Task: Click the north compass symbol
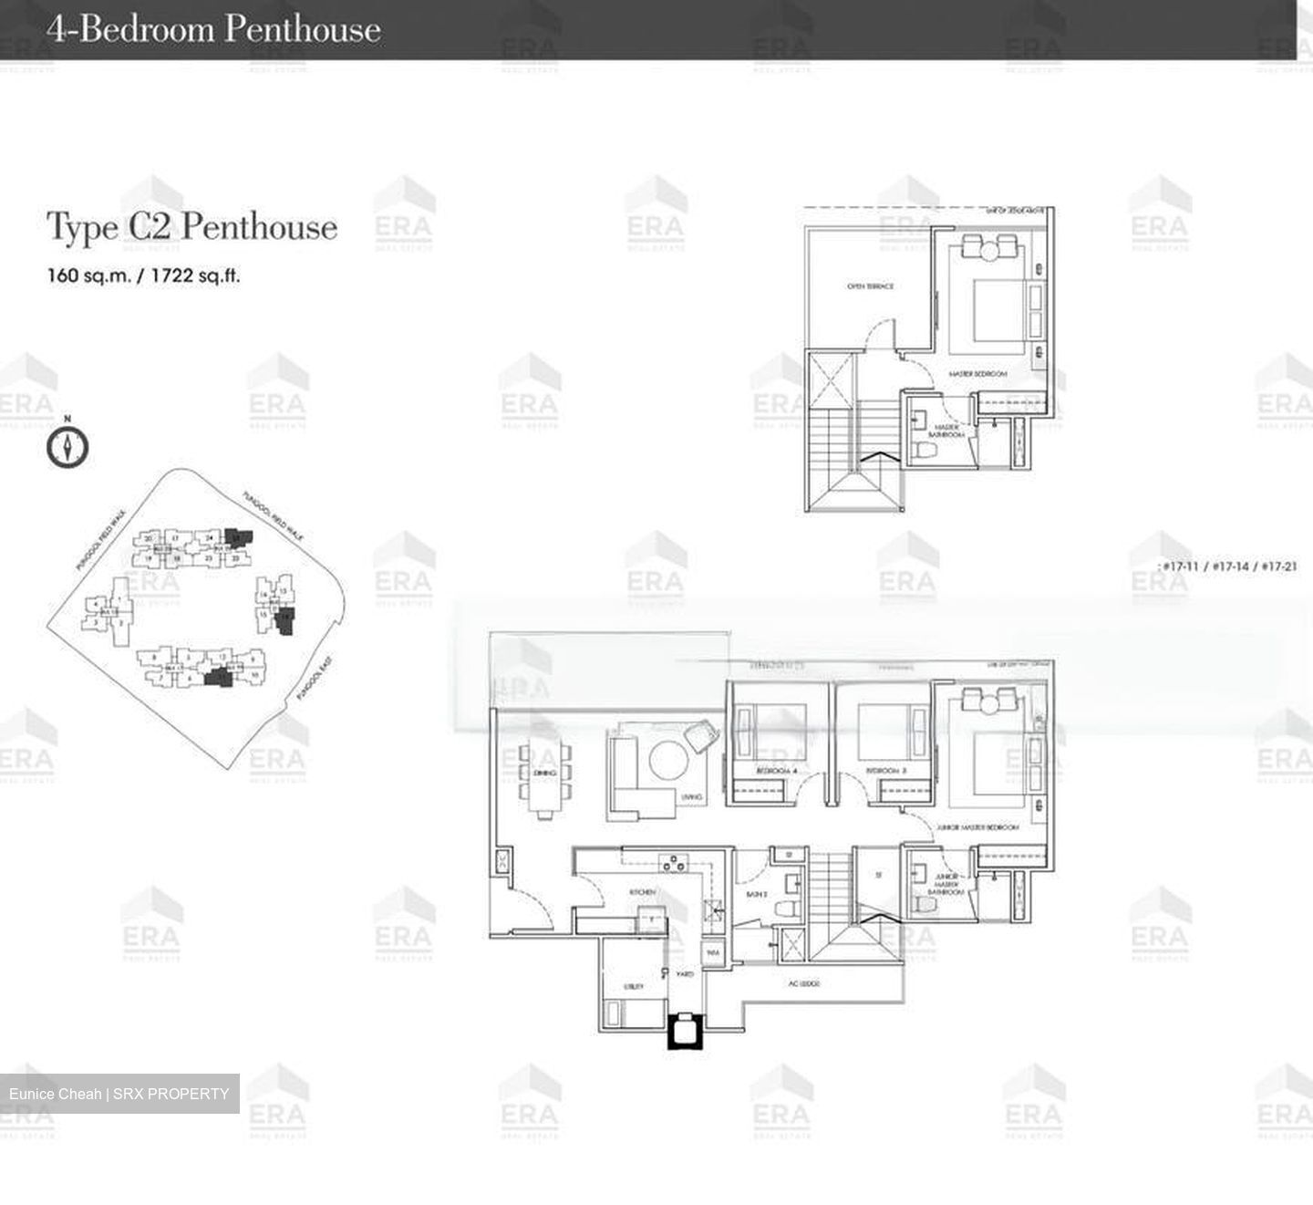67,447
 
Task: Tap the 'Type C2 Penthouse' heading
191,227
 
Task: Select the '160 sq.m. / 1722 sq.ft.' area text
143,275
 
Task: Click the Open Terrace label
870,286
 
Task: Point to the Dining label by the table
544,773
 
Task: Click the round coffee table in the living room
670,759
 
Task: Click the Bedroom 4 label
776,772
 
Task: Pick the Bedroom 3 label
885,772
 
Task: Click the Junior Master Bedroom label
977,826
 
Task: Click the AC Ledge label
804,984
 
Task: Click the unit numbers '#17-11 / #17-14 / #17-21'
1227,566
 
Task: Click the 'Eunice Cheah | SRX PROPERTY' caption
119,1094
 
